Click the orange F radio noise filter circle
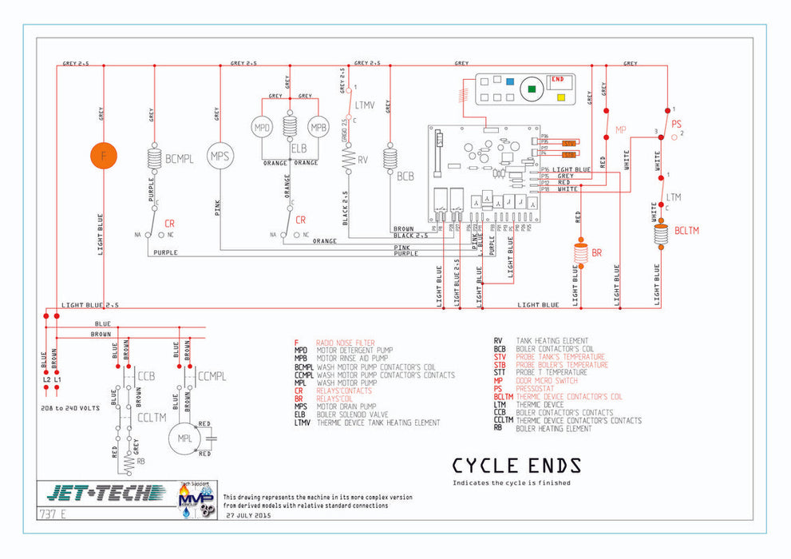pos(103,155)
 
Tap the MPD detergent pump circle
pos(263,128)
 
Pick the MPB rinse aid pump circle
pos(318,128)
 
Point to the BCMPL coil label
pos(180,159)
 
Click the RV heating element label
pos(362,159)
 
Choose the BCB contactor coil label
pos(405,176)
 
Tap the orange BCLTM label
pos(686,230)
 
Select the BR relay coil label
pos(596,253)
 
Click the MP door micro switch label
pos(621,129)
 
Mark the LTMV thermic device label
pos(364,105)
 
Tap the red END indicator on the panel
pos(558,80)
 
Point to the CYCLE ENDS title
pos(516,466)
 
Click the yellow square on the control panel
pos(560,97)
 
